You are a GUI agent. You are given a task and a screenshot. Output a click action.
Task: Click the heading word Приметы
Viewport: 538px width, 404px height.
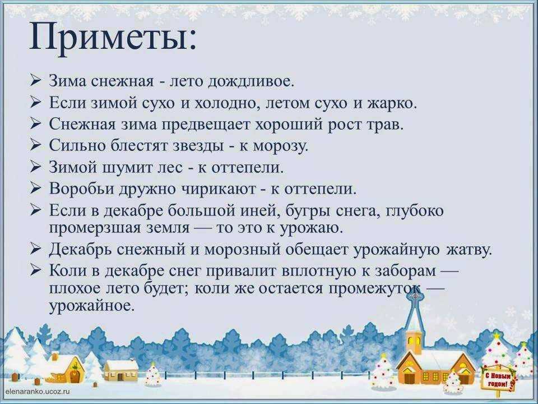113,38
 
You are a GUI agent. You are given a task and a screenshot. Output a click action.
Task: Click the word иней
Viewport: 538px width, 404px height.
261,210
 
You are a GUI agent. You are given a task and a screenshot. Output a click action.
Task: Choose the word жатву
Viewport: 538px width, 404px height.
470,250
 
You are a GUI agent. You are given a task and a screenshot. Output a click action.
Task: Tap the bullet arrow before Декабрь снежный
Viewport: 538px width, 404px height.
35,248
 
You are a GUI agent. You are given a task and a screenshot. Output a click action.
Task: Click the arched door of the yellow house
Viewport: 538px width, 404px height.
75,376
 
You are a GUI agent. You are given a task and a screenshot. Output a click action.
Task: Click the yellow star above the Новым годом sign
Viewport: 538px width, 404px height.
496,334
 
